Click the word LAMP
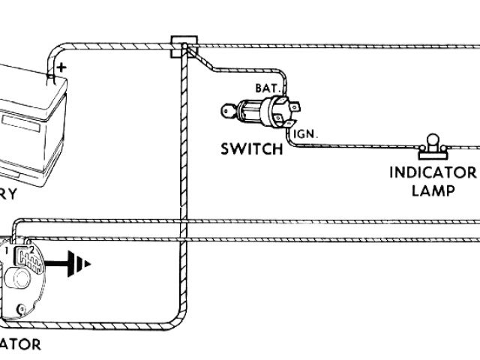(x=433, y=190)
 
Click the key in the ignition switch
(x=229, y=113)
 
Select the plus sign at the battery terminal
(x=60, y=67)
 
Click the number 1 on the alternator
(x=5, y=247)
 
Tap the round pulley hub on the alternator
(x=16, y=280)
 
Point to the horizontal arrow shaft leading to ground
(x=58, y=263)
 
